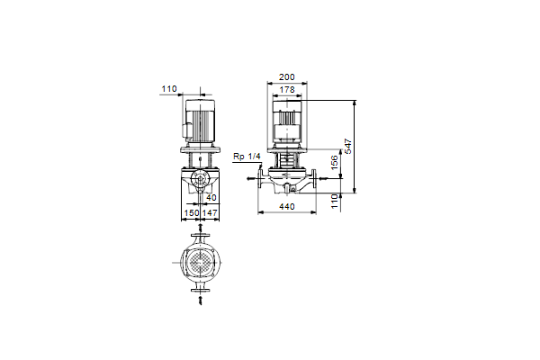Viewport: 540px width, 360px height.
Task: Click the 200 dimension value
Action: [x=287, y=76]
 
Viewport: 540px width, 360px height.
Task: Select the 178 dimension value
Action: [x=287, y=90]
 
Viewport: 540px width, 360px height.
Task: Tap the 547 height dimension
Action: [x=348, y=146]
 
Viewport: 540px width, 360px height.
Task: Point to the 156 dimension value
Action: [x=335, y=162]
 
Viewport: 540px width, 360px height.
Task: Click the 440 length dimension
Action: [x=287, y=206]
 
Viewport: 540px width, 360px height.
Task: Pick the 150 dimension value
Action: [x=192, y=213]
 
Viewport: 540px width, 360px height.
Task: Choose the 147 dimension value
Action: [x=210, y=213]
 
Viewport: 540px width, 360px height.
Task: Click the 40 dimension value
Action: [x=211, y=197]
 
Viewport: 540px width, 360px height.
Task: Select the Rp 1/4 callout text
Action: [x=247, y=157]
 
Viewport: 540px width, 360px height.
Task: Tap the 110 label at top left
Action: [x=169, y=89]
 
